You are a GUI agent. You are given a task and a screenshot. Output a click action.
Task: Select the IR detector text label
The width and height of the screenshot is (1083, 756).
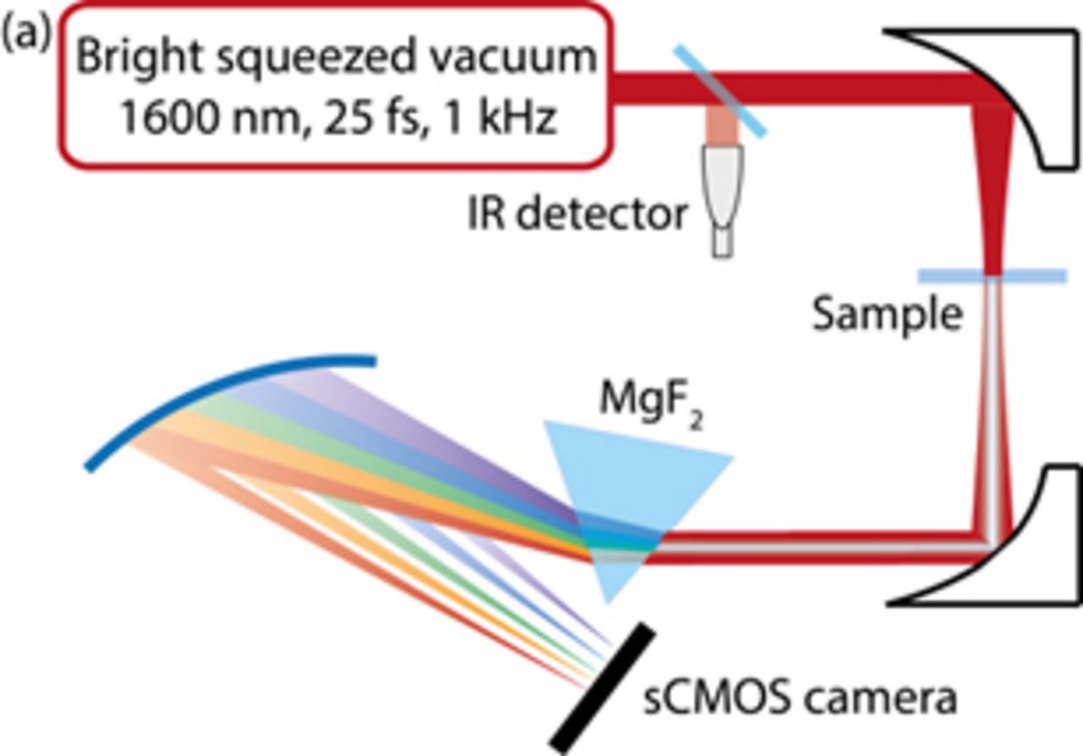coord(578,214)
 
